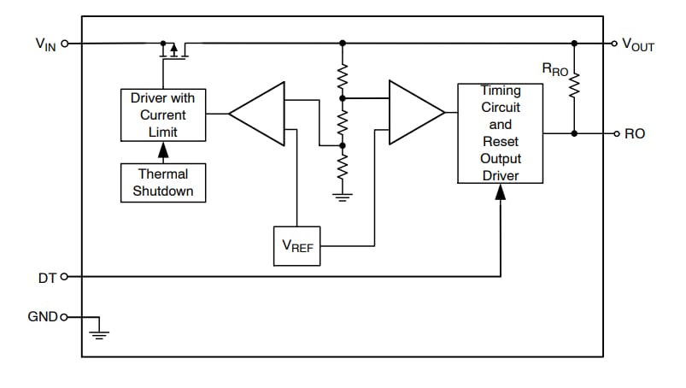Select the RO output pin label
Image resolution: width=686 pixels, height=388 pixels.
point(635,134)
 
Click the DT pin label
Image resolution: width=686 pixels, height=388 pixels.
point(48,277)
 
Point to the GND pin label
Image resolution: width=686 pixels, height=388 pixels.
point(43,317)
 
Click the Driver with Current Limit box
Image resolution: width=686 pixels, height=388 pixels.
point(163,115)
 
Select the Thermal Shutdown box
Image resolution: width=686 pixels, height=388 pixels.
point(163,182)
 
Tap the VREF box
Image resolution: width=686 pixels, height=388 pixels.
point(296,246)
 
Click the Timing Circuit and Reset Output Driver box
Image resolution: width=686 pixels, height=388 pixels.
point(500,132)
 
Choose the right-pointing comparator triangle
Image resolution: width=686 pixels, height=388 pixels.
point(413,113)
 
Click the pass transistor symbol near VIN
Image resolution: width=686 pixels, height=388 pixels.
point(173,50)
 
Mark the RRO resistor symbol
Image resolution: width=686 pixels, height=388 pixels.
point(574,84)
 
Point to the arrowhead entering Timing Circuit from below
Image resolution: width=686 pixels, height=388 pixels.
point(500,192)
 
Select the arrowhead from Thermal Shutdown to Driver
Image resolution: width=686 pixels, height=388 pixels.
point(163,151)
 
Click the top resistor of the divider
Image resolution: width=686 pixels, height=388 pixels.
point(343,79)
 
